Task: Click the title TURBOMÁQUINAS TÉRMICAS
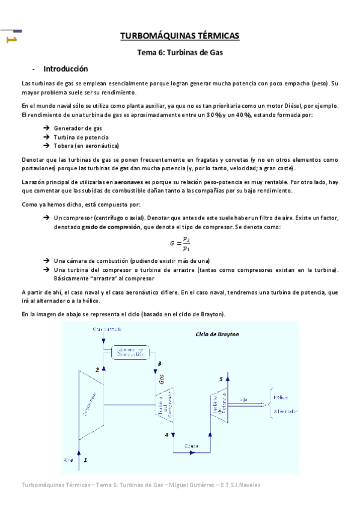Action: coord(180,36)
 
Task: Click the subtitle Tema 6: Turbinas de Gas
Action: coord(180,52)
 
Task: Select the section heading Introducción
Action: coord(66,69)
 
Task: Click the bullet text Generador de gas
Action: coord(78,128)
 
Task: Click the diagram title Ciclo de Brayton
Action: coord(217,334)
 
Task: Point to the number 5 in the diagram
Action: coord(221,379)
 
